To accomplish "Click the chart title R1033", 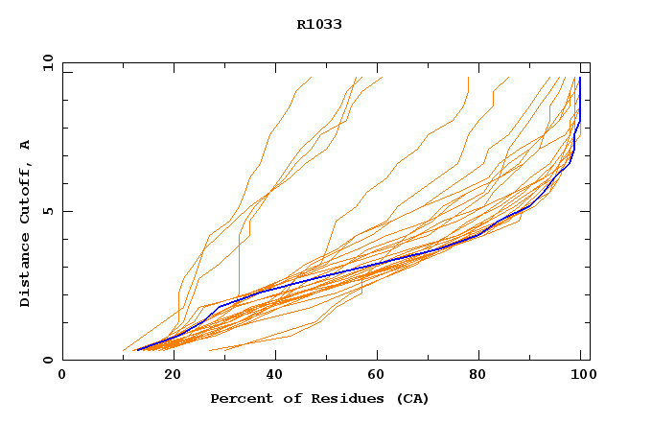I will pos(319,25).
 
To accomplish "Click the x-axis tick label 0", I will pos(62,377).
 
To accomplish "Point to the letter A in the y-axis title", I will pos(25,145).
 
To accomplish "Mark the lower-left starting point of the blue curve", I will pos(137,350).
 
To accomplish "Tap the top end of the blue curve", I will pos(580,79).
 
